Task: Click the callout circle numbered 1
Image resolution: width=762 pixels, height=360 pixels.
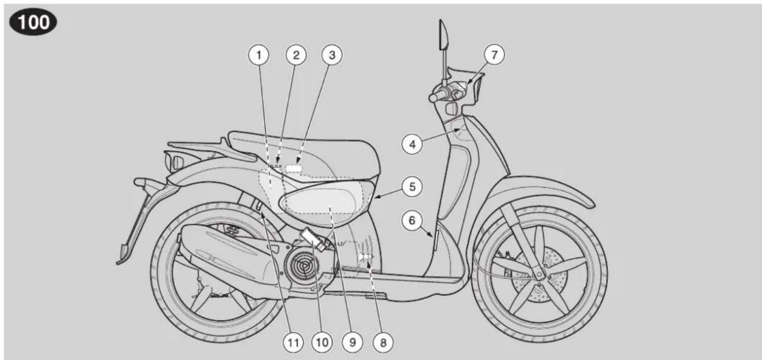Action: pyautogui.click(x=259, y=55)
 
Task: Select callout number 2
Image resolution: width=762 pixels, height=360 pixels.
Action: pyautogui.click(x=296, y=55)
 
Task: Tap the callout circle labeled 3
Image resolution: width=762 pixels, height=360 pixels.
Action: pyautogui.click(x=332, y=55)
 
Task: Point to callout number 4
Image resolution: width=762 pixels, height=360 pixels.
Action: pyautogui.click(x=412, y=144)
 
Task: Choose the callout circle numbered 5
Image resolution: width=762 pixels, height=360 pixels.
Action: pyautogui.click(x=412, y=187)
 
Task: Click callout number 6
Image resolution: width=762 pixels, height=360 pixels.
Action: pyautogui.click(x=412, y=220)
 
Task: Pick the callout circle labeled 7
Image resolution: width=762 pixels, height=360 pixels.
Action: pyautogui.click(x=494, y=54)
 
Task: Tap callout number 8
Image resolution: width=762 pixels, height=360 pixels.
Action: pyautogui.click(x=383, y=342)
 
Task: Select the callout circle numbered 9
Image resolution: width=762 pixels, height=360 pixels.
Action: pyautogui.click(x=352, y=342)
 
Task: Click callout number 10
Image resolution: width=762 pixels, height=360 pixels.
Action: pyautogui.click(x=322, y=342)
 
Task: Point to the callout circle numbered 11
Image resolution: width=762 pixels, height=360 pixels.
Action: pyautogui.click(x=293, y=342)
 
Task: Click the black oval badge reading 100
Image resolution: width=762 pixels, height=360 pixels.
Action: pyautogui.click(x=33, y=22)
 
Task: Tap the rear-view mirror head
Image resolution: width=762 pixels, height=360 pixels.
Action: pyautogui.click(x=444, y=34)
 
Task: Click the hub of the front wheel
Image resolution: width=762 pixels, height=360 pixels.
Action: pyautogui.click(x=539, y=274)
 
